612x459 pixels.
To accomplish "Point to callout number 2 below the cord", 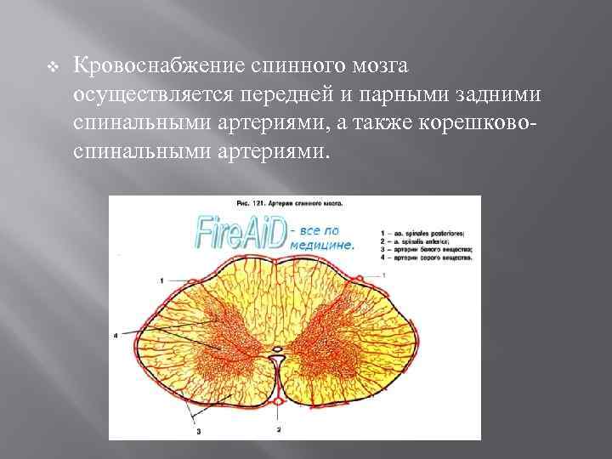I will [277, 430].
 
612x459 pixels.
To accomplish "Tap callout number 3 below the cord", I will [198, 432].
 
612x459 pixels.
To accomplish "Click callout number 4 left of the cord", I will [116, 335].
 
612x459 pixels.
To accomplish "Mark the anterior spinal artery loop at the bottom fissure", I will [278, 399].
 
